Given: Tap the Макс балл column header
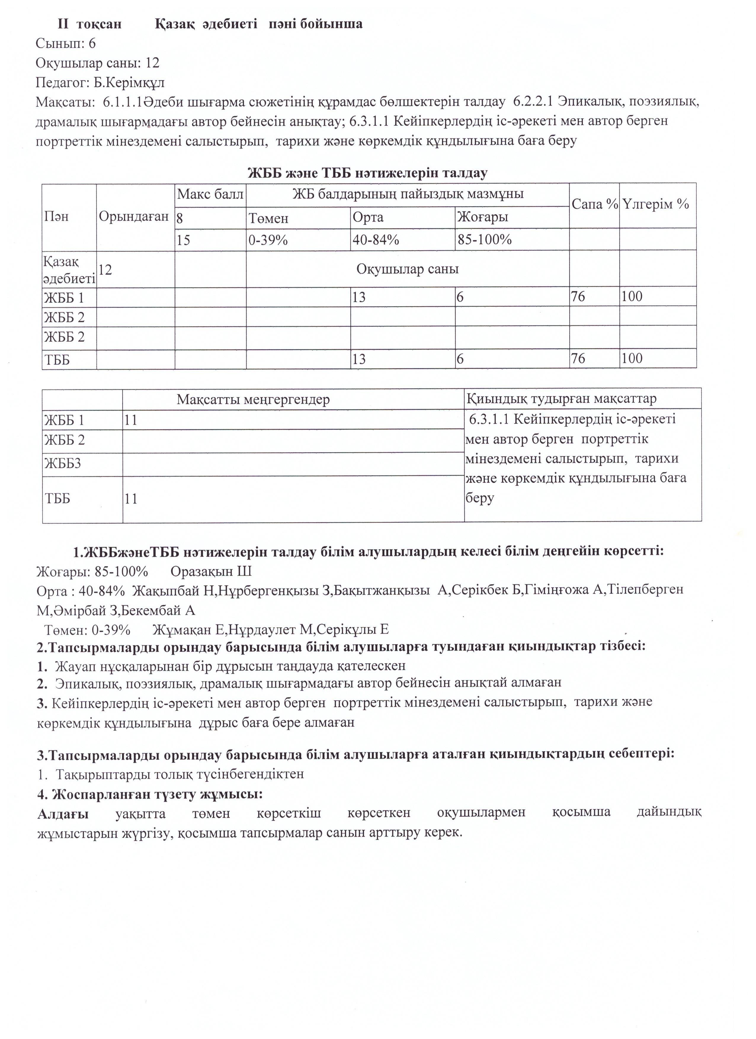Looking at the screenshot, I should point(210,194).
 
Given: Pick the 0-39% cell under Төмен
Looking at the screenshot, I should point(268,240).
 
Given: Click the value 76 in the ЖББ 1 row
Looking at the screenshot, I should point(578,297).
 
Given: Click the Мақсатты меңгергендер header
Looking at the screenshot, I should point(253,400).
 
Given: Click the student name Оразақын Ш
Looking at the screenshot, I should point(211,572).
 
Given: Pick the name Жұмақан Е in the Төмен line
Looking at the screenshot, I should point(187,629).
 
